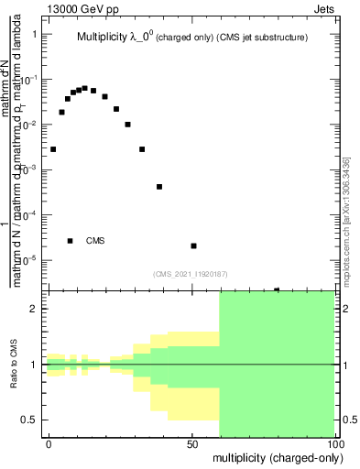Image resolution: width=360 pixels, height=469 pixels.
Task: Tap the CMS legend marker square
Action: point(70,241)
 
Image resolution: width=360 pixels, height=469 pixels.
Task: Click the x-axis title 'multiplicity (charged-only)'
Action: point(274,456)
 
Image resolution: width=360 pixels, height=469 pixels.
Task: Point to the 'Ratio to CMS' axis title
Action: point(26,365)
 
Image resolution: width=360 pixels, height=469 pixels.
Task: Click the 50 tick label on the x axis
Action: point(192,443)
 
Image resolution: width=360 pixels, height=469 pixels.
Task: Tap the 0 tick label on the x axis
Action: point(49,443)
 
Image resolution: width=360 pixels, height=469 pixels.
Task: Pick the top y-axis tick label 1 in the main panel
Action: point(35,34)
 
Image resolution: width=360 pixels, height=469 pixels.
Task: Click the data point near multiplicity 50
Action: point(193,245)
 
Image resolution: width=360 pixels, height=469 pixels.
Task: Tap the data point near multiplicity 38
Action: point(159,187)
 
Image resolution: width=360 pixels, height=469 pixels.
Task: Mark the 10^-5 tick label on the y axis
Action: point(29,259)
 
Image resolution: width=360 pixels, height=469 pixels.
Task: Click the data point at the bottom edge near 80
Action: point(277,289)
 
